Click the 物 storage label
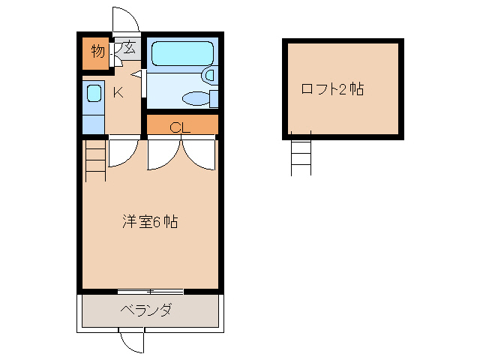(97, 51)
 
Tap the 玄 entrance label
(129, 49)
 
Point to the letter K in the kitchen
(118, 93)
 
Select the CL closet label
(181, 127)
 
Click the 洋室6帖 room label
(150, 223)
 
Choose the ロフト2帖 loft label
(332, 89)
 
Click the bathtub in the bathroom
(182, 53)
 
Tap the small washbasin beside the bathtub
(210, 75)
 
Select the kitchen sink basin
(94, 94)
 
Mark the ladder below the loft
(301, 156)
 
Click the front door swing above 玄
(124, 21)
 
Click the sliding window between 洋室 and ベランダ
(150, 291)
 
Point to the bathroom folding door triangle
(137, 75)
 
